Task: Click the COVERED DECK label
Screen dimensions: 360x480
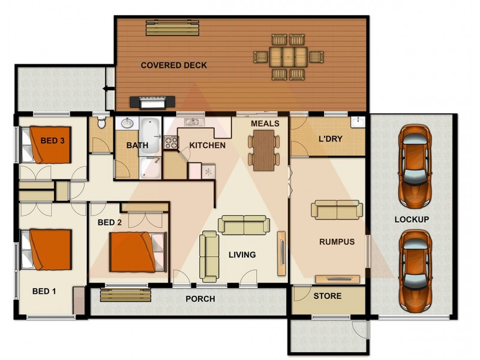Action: [173, 65]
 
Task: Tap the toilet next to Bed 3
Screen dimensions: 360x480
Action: [102, 123]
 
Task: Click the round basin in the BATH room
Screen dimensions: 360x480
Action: [127, 125]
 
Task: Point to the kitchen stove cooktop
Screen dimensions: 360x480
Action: [171, 143]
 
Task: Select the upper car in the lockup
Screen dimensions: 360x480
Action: [415, 163]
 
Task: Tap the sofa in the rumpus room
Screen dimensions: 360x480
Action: [337, 209]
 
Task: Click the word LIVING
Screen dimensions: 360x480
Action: [242, 254]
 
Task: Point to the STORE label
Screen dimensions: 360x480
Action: [328, 296]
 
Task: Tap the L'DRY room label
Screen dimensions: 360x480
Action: [330, 139]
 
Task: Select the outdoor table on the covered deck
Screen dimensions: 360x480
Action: [288, 57]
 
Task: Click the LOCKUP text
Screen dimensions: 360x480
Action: [411, 220]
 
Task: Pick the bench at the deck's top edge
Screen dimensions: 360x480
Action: [172, 28]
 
